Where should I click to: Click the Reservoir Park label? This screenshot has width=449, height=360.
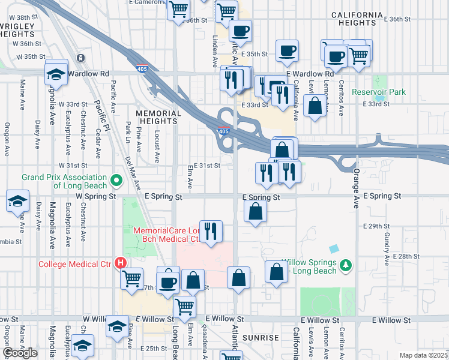click(x=379, y=92)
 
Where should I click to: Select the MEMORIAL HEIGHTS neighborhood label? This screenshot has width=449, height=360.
click(x=158, y=117)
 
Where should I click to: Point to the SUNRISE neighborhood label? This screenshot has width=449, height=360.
click(x=261, y=338)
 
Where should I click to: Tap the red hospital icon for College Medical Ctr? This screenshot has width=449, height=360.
click(x=121, y=263)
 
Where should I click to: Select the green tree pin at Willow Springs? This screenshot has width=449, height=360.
click(x=345, y=264)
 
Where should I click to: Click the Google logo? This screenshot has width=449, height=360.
click(x=20, y=353)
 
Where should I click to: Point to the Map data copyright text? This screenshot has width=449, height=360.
click(x=424, y=355)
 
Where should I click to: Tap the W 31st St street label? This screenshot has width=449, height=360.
click(x=73, y=165)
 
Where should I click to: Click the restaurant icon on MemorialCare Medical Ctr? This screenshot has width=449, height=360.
click(x=211, y=231)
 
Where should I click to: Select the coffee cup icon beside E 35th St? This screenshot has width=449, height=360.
click(x=286, y=51)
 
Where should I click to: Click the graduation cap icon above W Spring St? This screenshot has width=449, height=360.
click(x=18, y=201)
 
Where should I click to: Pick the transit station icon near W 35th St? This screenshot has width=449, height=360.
click(x=80, y=58)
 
